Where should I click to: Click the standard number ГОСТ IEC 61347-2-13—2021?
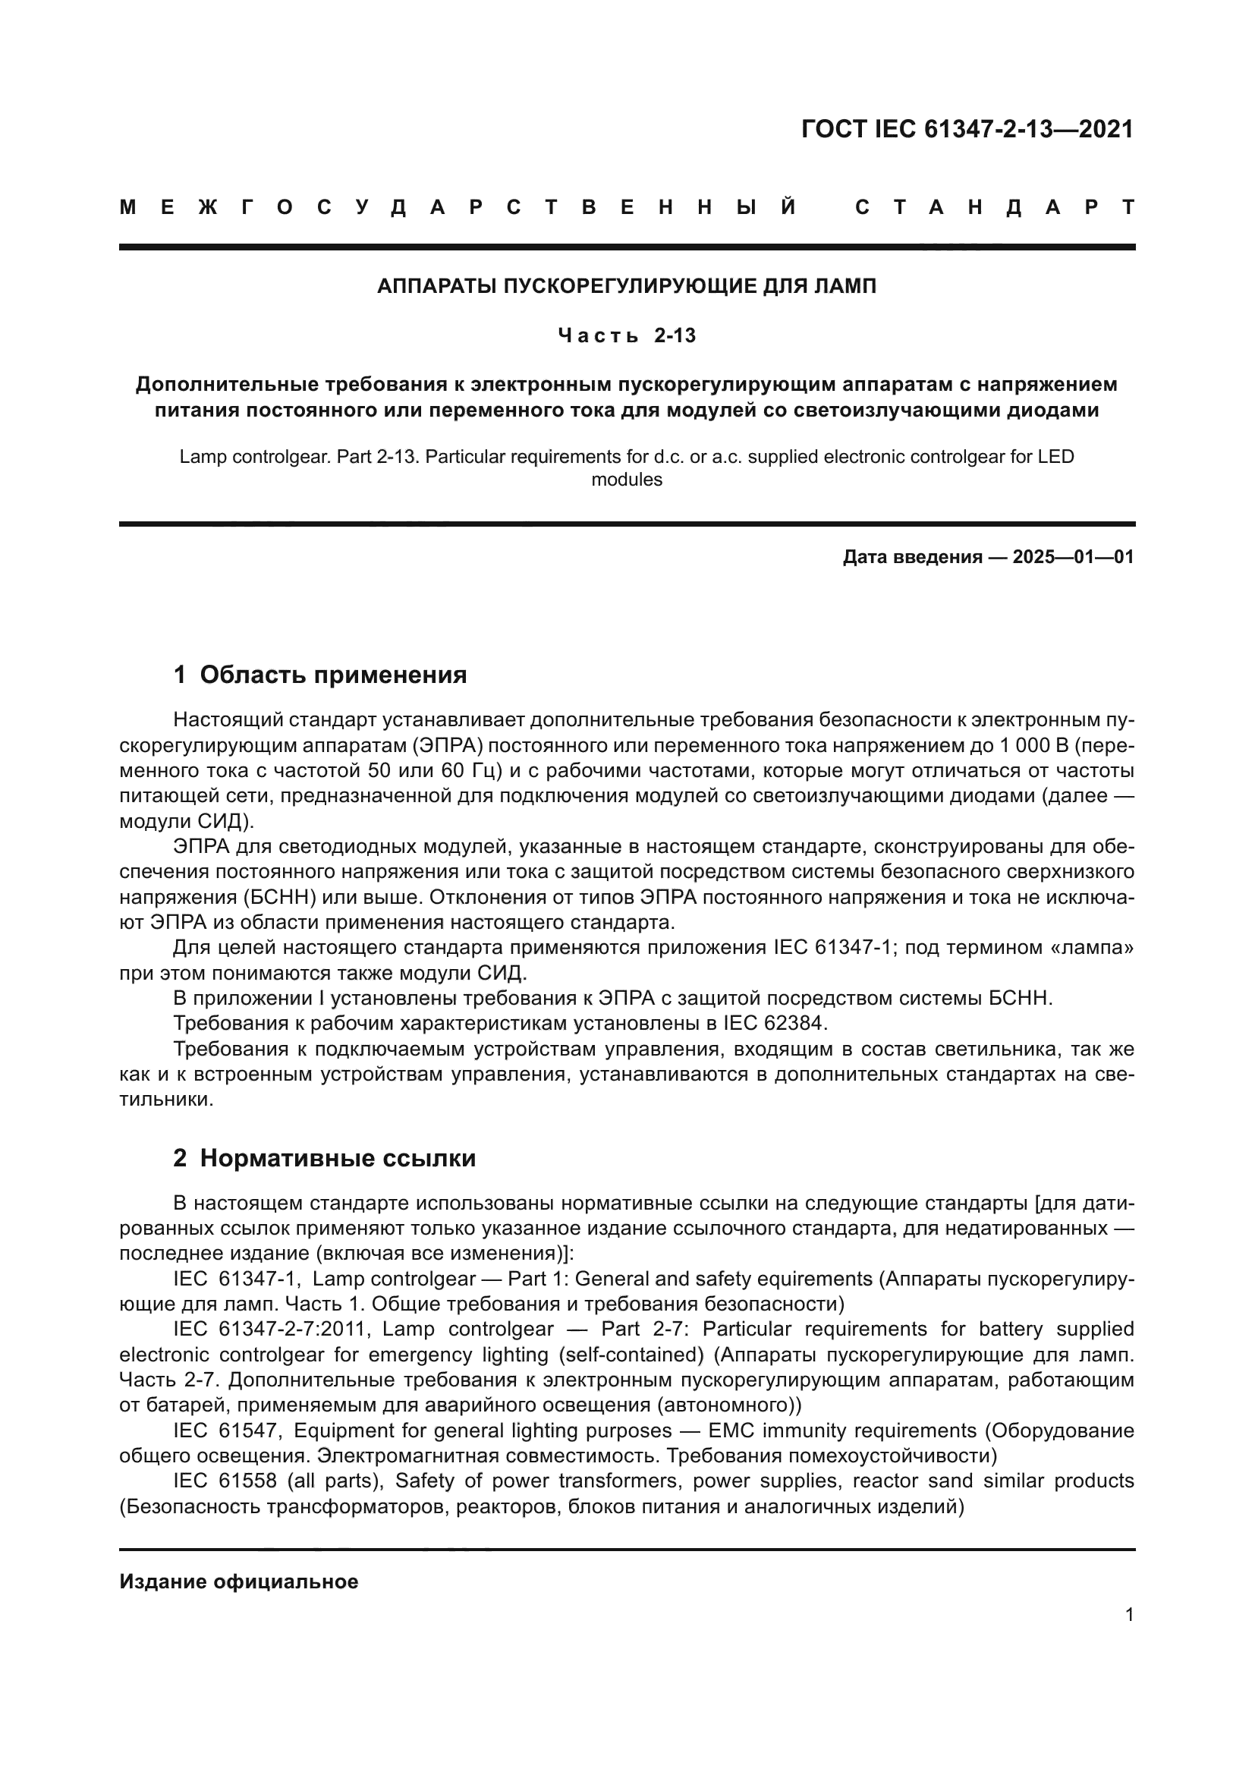tap(967, 129)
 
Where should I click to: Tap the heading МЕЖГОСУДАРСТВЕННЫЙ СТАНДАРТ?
tap(627, 207)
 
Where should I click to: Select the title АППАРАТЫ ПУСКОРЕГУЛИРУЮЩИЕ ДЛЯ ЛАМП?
tap(627, 287)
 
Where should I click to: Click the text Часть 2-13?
tap(627, 335)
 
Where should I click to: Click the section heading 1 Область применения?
tap(320, 675)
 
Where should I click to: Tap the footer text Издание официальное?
tap(239, 1581)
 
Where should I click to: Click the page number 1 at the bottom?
tap(1129, 1615)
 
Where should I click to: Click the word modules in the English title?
tap(627, 480)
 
